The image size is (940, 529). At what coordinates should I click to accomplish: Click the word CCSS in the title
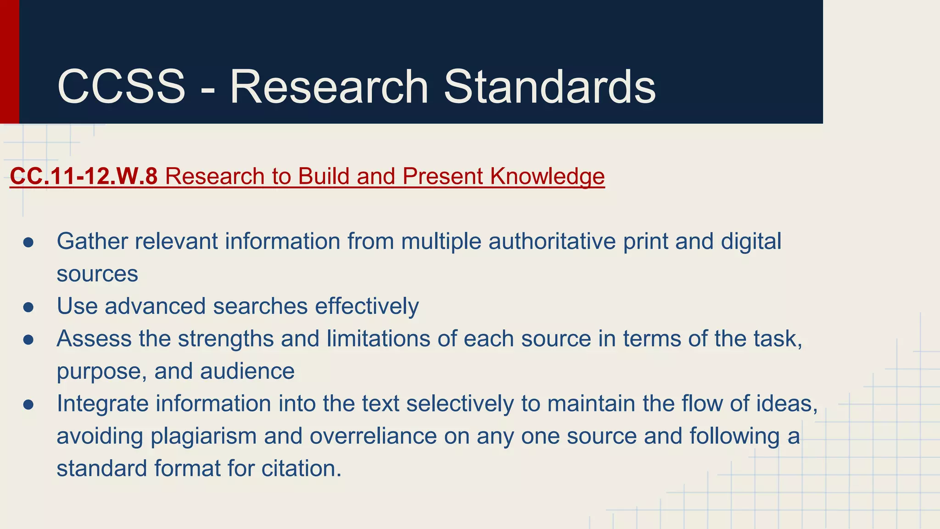[121, 87]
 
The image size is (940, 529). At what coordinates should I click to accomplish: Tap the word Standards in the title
[549, 87]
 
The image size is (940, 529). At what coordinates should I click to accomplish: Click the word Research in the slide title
[329, 87]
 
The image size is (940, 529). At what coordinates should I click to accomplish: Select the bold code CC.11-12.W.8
[84, 176]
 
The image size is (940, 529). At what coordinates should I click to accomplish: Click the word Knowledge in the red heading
[547, 176]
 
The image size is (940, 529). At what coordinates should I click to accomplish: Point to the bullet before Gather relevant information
[28, 242]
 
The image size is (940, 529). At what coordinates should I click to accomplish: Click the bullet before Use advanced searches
[28, 307]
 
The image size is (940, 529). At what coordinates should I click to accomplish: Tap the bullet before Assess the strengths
[28, 339]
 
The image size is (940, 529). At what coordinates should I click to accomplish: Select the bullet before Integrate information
[28, 404]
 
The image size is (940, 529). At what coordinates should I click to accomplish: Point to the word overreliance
[373, 436]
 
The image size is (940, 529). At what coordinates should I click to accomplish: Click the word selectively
[460, 404]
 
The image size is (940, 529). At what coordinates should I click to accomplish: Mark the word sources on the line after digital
[97, 274]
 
